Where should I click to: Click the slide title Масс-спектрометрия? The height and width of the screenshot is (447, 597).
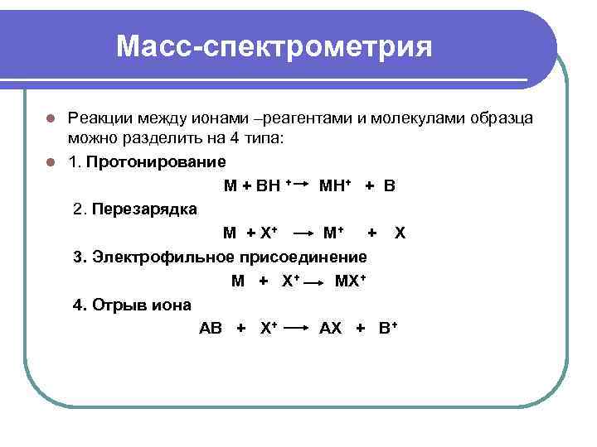coord(274,46)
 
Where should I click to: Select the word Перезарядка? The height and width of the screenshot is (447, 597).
coord(144,208)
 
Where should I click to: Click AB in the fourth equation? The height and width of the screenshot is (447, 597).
coord(211,329)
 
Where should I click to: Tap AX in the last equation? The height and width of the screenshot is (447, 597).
coord(330,329)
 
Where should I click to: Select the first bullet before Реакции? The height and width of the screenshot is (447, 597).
coord(51,118)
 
